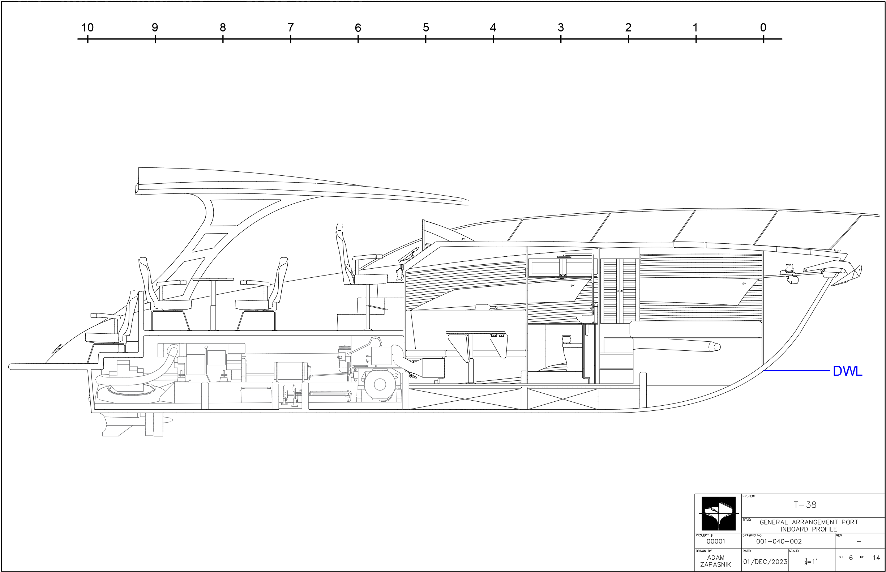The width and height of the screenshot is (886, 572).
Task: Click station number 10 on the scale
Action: point(87,27)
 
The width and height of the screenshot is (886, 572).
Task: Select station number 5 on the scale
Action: point(425,27)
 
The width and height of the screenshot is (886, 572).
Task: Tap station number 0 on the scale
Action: point(763,27)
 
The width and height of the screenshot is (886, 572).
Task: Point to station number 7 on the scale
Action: point(290,27)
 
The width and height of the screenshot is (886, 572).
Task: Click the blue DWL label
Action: point(847,371)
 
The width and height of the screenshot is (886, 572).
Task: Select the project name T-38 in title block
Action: point(805,505)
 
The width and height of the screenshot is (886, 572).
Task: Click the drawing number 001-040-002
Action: point(779,542)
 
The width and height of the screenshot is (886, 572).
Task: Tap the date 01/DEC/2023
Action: point(765,562)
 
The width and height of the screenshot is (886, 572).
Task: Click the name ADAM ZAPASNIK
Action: point(715,561)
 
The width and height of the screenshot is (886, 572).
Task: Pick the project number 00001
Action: point(715,542)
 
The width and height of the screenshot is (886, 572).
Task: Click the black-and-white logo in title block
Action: point(718,513)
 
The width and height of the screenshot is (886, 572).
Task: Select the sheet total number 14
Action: point(876,558)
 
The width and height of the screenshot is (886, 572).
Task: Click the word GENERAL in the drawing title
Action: point(773,522)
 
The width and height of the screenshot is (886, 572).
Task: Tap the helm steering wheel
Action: point(407,257)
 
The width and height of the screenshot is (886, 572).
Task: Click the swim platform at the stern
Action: point(48,367)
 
